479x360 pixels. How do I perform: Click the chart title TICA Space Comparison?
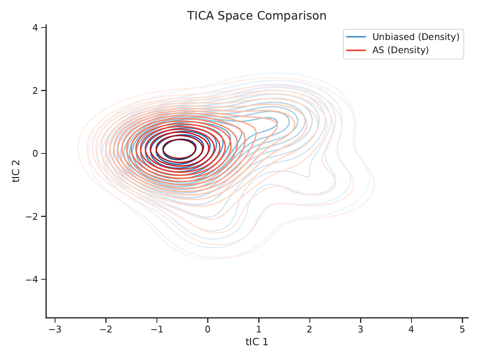click(257, 16)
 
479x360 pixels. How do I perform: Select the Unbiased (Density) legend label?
click(416, 37)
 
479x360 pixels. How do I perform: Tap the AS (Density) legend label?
click(401, 50)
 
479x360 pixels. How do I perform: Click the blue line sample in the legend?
click(356, 37)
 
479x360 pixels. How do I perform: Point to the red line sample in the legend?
click(356, 50)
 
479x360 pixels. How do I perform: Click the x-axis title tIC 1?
click(257, 342)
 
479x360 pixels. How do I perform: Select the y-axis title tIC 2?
click(16, 171)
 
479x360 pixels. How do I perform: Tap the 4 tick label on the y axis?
click(35, 28)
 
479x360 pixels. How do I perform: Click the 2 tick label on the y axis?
click(35, 91)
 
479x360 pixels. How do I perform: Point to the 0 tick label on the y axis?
click(35, 153)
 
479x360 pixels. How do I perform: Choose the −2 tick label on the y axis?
click(32, 217)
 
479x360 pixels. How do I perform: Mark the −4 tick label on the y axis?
click(32, 279)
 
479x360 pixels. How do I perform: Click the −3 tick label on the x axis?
click(55, 329)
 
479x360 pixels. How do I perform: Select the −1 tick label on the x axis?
click(157, 329)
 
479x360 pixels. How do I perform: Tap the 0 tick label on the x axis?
click(208, 329)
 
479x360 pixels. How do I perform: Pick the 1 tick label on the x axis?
click(259, 329)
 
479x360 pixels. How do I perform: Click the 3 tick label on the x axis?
click(360, 329)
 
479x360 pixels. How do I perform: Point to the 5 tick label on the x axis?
click(462, 329)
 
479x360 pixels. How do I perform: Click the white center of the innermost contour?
click(179, 149)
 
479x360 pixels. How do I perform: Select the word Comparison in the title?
click(291, 16)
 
